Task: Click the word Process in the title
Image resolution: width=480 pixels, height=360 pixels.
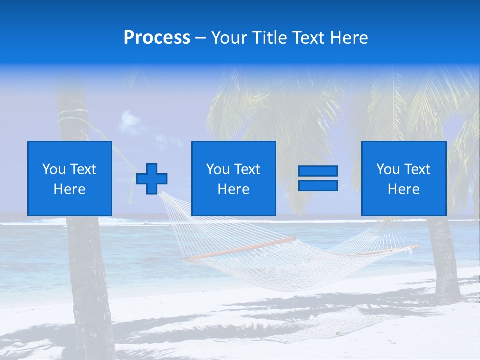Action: click(x=157, y=38)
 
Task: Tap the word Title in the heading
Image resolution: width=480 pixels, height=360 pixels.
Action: click(x=270, y=38)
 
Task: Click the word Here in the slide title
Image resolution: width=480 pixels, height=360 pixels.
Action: click(x=349, y=38)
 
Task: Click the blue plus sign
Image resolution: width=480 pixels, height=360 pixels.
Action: click(x=152, y=178)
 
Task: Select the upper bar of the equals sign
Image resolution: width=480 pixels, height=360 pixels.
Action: click(x=318, y=171)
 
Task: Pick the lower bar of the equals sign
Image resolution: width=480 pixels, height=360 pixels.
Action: click(x=318, y=185)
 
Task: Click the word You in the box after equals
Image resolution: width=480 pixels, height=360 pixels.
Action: click(x=388, y=169)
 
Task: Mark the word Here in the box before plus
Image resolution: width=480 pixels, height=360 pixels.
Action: click(x=69, y=189)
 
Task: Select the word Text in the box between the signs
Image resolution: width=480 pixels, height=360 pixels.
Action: click(x=248, y=169)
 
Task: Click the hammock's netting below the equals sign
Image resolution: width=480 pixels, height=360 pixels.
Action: click(x=320, y=260)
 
